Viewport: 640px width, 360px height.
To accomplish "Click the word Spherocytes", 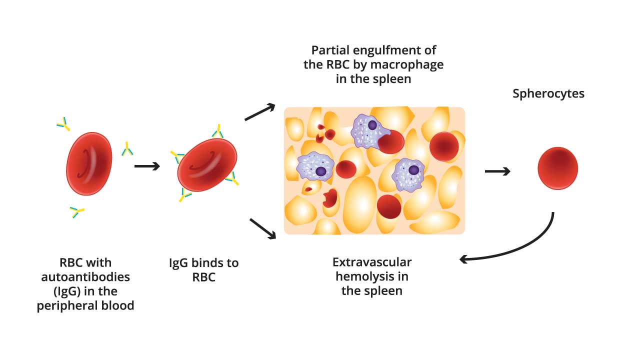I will click(x=548, y=93).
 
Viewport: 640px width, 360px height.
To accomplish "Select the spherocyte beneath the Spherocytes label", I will click(x=558, y=168).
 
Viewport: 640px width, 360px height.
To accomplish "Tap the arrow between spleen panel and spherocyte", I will click(x=497, y=171).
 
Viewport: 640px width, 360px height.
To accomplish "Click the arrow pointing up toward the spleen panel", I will click(x=260, y=112).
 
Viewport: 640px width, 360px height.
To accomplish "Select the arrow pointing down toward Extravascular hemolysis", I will click(x=262, y=227).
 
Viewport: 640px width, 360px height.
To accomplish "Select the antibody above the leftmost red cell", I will click(x=63, y=123).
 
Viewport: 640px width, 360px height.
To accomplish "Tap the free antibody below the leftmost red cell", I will click(x=77, y=212).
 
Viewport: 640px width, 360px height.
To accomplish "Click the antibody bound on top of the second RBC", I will click(x=218, y=131).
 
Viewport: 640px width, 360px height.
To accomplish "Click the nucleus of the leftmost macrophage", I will click(x=321, y=171).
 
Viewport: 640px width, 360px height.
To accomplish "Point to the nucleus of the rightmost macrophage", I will click(x=413, y=170).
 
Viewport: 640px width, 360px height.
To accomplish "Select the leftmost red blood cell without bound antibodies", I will click(x=89, y=163).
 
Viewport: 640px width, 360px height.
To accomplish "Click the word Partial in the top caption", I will click(x=330, y=50).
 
